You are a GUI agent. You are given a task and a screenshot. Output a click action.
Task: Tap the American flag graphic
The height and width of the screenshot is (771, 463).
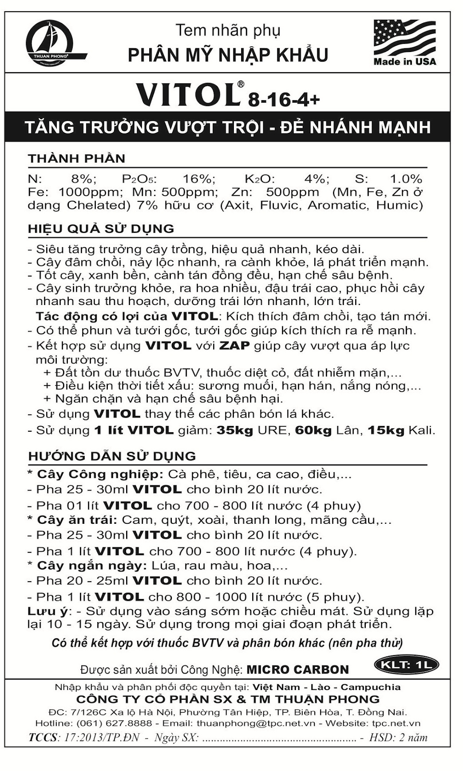click(404, 37)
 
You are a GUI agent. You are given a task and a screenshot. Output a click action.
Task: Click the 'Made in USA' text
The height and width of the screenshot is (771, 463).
click(404, 62)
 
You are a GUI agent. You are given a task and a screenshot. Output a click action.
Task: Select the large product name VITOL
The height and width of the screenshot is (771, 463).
click(188, 94)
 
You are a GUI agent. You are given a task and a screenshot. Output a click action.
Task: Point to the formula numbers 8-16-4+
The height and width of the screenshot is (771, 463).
click(283, 100)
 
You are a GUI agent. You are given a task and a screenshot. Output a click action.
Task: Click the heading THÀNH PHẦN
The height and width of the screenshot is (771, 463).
click(77, 159)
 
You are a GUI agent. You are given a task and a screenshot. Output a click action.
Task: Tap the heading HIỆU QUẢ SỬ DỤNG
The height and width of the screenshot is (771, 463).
click(101, 228)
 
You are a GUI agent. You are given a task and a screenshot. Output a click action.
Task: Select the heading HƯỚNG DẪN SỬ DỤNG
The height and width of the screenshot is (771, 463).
click(112, 456)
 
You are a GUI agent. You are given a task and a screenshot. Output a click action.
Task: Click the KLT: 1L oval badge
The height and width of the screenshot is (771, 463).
click(406, 665)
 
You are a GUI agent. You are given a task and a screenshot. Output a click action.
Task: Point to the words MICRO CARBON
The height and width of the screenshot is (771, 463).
click(297, 669)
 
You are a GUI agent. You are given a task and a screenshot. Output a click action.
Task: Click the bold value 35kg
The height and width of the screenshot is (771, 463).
click(234, 430)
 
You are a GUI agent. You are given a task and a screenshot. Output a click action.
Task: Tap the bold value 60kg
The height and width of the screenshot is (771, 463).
click(313, 430)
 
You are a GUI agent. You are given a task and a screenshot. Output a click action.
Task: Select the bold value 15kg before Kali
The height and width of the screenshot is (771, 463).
click(386, 430)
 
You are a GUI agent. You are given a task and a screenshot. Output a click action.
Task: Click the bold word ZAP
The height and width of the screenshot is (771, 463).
click(234, 346)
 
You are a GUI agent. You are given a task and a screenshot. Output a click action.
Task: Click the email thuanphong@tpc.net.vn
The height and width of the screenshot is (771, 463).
click(256, 723)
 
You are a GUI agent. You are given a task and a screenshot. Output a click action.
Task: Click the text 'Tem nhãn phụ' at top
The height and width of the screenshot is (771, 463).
click(228, 30)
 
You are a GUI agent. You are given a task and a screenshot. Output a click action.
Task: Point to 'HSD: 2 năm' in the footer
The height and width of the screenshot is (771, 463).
click(398, 737)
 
